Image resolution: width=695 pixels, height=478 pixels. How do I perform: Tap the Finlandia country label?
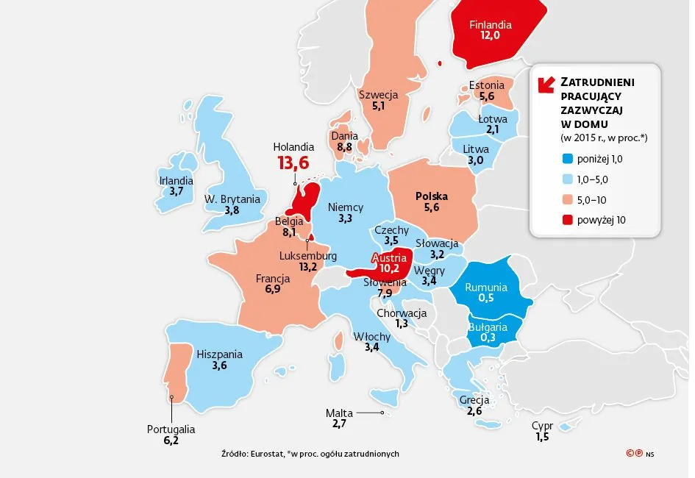pos(491,24)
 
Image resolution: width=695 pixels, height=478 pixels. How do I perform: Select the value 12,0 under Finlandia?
pos(491,36)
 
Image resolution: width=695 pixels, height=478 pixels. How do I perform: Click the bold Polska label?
pos(431,196)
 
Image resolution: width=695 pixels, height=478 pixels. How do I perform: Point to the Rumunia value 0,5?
pos(485,299)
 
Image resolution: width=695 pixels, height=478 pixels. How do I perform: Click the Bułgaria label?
pos(488,327)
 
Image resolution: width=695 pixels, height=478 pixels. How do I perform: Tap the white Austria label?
pos(389,258)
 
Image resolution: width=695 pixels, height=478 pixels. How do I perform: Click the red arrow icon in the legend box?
pos(546,85)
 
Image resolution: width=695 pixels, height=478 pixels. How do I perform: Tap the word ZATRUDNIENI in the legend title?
pos(598,81)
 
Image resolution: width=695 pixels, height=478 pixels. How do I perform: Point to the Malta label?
pos(339,413)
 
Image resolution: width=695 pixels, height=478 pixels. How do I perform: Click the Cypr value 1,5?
pos(542,438)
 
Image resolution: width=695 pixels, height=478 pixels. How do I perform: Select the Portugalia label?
pos(171,429)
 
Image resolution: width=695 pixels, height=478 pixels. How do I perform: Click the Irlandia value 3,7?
pos(176,191)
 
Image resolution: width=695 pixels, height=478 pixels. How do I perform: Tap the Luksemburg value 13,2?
pos(307,267)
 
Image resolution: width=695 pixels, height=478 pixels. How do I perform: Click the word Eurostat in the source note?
pos(268,454)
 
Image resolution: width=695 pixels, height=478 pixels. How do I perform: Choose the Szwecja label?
pos(378,95)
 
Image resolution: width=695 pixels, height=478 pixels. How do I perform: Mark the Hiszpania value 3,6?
pos(219,365)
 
